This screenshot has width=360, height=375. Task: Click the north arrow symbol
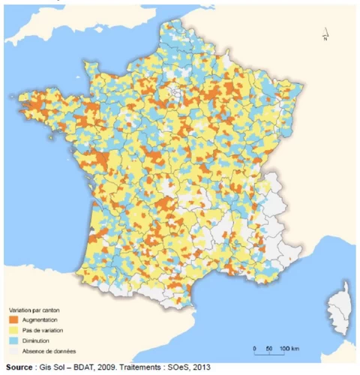pyautogui.click(x=325, y=34)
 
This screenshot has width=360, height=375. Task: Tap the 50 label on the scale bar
pyautogui.click(x=268, y=349)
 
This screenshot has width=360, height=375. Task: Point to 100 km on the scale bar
pyautogui.click(x=289, y=349)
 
